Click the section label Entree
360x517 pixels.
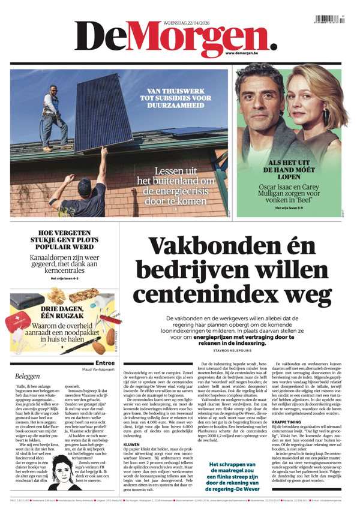105,363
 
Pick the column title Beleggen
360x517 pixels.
28,376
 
